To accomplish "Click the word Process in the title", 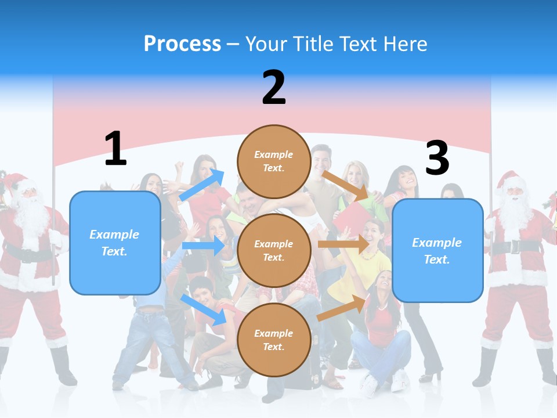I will [182, 44].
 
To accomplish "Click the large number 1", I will [115, 149].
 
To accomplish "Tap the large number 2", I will [274, 88].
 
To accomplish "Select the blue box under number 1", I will [115, 243].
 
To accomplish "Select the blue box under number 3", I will [437, 251].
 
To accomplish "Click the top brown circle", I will [274, 161].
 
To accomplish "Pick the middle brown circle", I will [274, 250].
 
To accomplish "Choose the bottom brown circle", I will [274, 340].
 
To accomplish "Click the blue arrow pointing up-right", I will [202, 185].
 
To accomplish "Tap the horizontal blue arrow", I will [203, 246].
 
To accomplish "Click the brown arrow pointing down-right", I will [345, 185].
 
